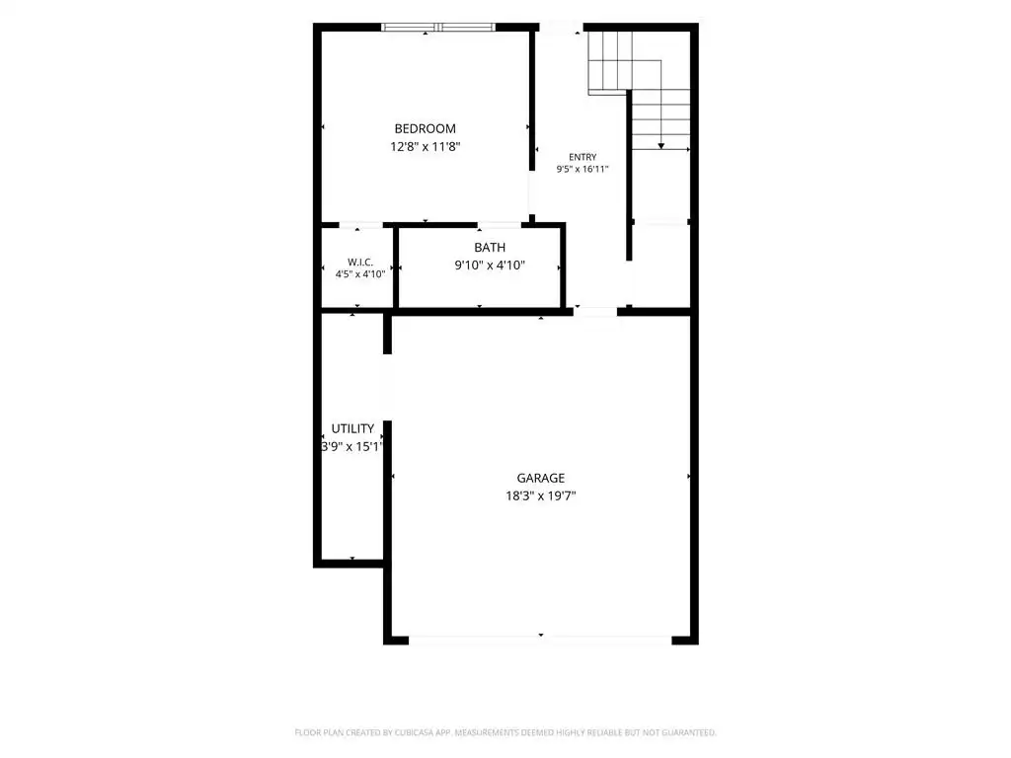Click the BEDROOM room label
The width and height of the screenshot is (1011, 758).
[425, 129]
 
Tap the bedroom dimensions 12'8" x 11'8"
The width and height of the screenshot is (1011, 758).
[425, 147]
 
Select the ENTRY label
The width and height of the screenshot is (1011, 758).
[583, 157]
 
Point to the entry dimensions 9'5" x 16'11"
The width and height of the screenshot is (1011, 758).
[583, 170]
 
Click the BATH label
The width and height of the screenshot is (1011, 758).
[490, 248]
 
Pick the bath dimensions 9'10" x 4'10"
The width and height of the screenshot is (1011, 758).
[490, 265]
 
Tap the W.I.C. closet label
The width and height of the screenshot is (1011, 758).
[359, 263]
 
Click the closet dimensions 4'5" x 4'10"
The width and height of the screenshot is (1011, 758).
[359, 274]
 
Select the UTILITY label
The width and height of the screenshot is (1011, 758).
[352, 428]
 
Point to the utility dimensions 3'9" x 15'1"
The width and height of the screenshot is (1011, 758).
[352, 447]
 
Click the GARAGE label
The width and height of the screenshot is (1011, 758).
[540, 479]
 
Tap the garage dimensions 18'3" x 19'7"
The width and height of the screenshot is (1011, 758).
[540, 496]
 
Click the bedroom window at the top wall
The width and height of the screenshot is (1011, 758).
[437, 27]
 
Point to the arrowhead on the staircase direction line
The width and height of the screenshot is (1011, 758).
[661, 146]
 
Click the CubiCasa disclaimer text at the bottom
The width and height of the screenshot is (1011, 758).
[505, 733]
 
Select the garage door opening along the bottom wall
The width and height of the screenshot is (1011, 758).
[540, 640]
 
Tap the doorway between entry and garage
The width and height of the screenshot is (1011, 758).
[595, 312]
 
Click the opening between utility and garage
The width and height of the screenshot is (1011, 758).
[387, 387]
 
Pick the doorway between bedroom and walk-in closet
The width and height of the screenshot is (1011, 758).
[361, 225]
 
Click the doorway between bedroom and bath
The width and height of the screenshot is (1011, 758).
[499, 225]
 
